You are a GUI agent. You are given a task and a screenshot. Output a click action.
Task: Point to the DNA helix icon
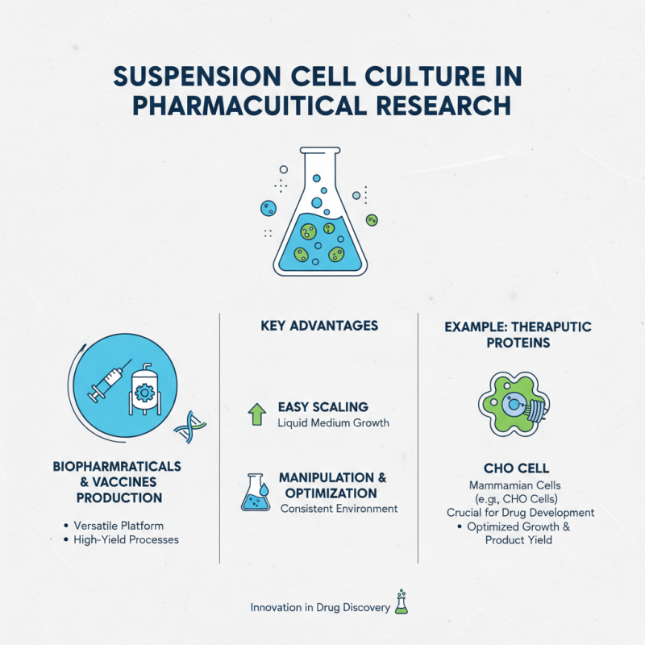point(190,427)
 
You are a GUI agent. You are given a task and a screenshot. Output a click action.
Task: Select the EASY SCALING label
point(322,407)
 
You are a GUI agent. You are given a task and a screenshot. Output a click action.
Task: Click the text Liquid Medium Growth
point(333,422)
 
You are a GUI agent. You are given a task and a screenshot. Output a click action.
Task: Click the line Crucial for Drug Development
point(521,512)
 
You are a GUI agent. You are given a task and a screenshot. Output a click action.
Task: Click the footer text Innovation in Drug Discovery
point(320,607)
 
